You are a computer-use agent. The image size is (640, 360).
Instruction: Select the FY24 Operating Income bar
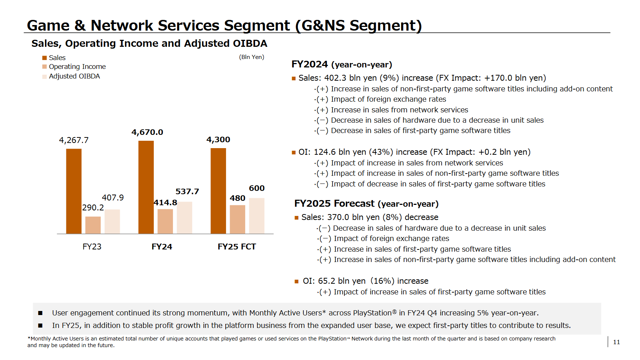pos(165,221)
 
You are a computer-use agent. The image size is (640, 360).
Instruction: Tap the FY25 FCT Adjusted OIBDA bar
pos(257,216)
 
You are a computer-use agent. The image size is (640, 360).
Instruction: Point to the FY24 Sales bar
pos(146,187)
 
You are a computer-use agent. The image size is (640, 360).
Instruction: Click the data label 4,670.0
pos(147,132)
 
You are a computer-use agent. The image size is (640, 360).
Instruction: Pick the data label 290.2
pos(93,207)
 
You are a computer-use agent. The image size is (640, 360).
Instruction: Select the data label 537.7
pos(187,192)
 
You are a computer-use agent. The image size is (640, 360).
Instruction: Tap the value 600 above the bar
pos(257,188)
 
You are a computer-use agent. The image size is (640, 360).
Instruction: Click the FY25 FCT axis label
pos(237,247)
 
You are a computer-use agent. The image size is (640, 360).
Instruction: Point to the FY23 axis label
pos(92,247)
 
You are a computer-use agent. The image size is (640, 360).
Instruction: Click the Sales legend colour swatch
pos(45,58)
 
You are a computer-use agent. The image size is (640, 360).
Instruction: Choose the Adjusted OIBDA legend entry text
pos(74,76)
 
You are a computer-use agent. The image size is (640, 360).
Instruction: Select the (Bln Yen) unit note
pos(251,57)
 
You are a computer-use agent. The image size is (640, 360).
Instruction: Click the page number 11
pos(616,342)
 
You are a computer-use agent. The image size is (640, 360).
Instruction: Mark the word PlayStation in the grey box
pos(372,313)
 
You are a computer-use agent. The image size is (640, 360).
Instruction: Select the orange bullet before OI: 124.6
pos(294,152)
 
